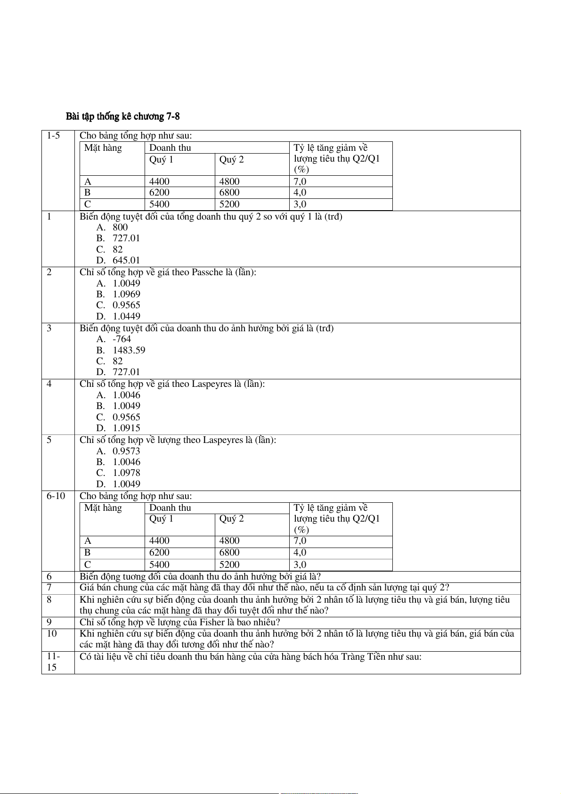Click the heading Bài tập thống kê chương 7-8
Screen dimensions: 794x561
122,116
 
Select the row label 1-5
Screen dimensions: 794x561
53,136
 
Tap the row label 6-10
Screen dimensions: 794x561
56,496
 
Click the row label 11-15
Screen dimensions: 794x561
53,662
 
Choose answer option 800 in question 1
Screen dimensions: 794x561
120,227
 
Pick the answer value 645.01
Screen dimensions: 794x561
126,260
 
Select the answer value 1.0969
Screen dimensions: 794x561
126,294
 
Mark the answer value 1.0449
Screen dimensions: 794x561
126,316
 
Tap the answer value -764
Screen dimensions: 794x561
122,339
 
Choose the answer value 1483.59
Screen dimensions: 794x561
129,350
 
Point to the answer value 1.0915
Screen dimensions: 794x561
126,428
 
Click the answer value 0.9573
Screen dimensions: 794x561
126,451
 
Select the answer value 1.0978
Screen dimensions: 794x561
126,473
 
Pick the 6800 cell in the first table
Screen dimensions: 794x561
229,192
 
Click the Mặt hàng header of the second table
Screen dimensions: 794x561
103,508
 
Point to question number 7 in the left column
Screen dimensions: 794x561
49,588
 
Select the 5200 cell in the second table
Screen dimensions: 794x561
229,565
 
